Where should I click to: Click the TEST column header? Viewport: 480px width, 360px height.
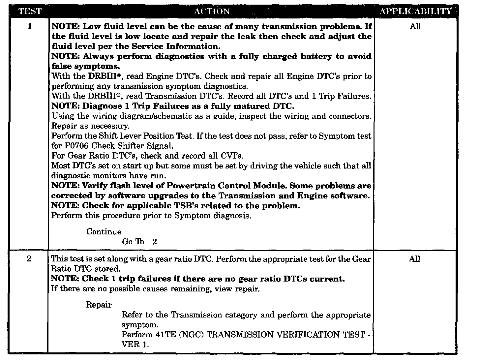(30, 11)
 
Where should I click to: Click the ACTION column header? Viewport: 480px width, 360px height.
(212, 11)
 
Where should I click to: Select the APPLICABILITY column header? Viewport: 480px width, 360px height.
(415, 11)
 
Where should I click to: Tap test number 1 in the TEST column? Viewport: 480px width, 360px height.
(30, 27)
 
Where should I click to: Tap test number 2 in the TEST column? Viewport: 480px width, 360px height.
(29, 259)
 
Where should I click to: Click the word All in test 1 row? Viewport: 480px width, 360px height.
(415, 27)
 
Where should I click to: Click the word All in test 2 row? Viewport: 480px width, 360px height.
(414, 259)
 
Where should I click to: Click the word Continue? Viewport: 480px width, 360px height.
(104, 232)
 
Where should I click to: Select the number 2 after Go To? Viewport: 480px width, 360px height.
(155, 242)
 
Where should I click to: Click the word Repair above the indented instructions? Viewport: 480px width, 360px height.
(99, 305)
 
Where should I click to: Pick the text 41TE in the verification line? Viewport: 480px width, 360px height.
(164, 335)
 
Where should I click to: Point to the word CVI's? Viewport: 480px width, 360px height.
(231, 156)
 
